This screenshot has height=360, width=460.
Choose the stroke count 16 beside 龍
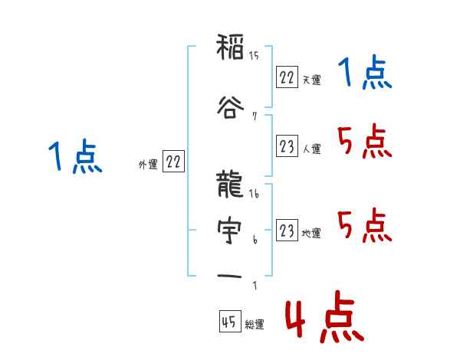[x=255, y=195]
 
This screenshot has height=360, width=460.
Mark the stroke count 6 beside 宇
[x=255, y=240]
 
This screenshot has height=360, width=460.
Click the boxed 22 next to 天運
[x=286, y=77]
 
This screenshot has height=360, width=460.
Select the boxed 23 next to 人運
[x=286, y=146]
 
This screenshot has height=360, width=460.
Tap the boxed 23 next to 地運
[x=286, y=231]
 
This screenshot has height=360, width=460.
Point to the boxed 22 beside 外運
[x=173, y=162]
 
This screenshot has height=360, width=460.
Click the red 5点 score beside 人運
[x=363, y=142]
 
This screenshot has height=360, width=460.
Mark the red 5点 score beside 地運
[x=363, y=225]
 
